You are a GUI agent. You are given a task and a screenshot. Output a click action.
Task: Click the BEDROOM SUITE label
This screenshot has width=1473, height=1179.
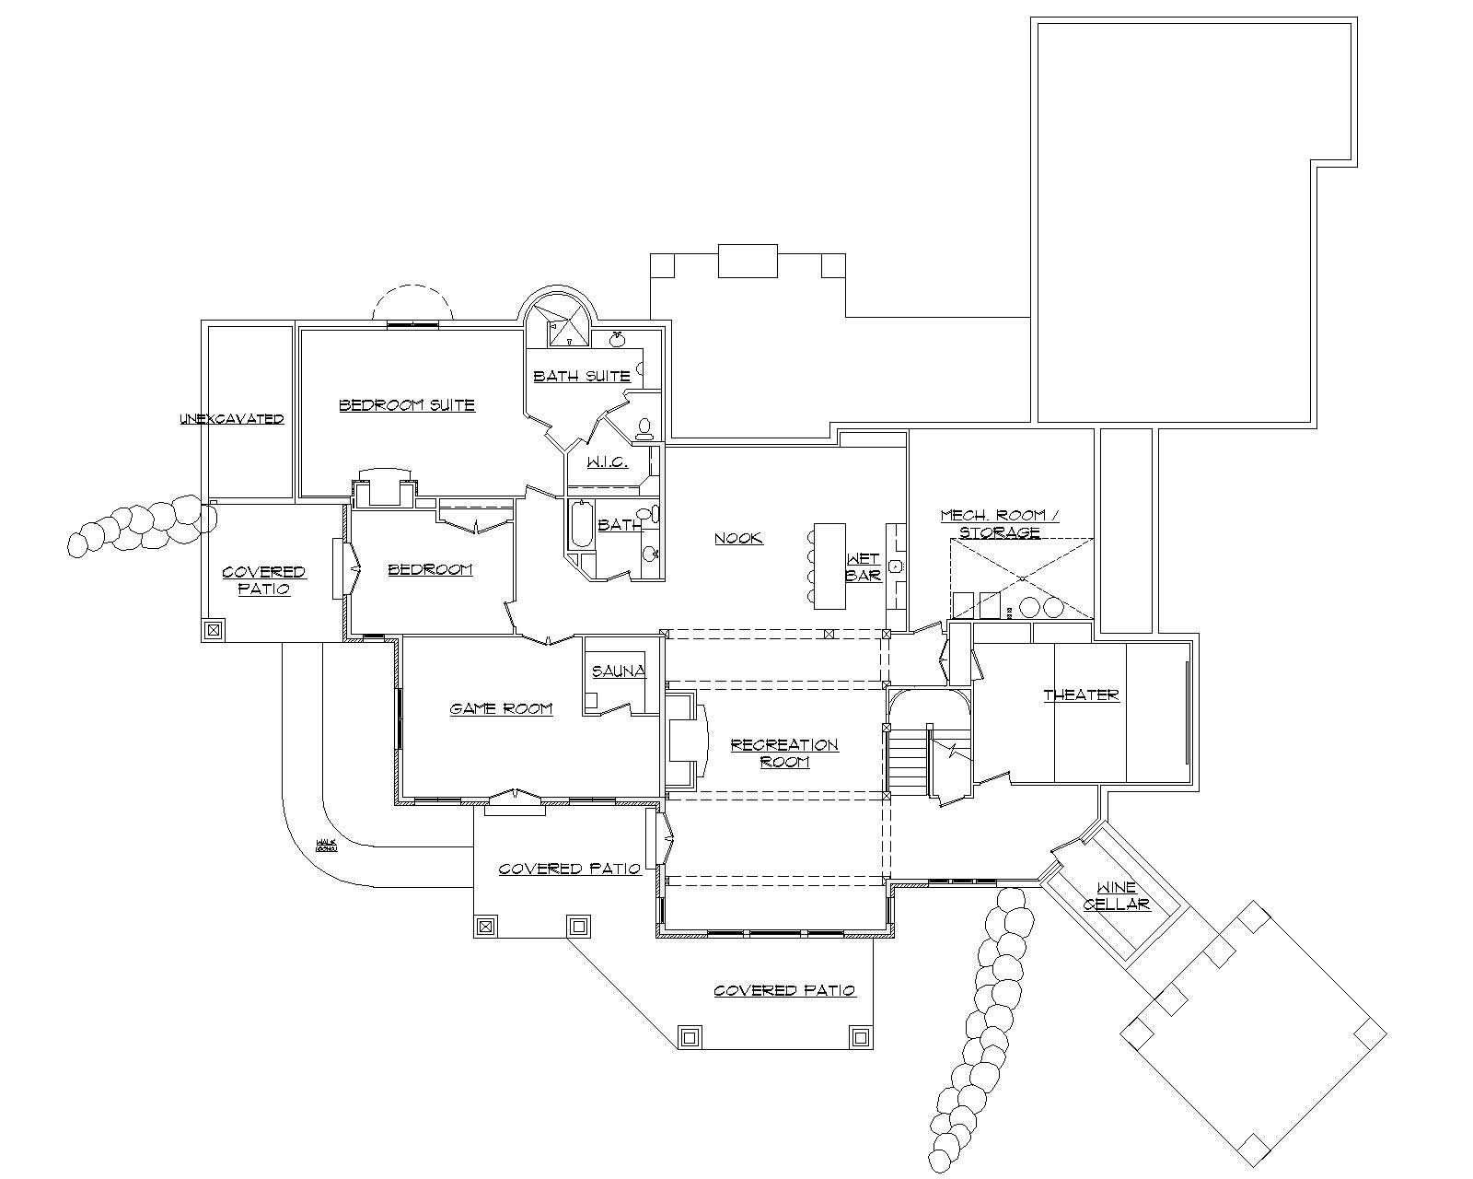[x=407, y=404]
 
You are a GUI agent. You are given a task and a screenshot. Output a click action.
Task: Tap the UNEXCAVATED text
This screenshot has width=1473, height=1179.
[x=232, y=419]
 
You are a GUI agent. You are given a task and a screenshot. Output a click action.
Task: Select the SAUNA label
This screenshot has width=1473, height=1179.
[x=619, y=671]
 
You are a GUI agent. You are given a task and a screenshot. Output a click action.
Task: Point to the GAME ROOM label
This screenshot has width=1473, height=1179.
[x=501, y=708]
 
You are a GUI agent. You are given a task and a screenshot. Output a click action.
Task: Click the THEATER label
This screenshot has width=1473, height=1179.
[x=1081, y=695]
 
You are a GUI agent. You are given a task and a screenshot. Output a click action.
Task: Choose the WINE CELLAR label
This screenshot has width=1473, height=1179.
[x=1116, y=896]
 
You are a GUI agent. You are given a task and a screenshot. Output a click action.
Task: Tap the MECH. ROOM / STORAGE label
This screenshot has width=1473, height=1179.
[x=999, y=524]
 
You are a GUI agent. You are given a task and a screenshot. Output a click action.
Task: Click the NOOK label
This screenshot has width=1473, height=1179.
[x=738, y=538]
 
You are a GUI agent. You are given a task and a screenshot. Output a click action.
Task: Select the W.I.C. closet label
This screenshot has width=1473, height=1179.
[x=607, y=461]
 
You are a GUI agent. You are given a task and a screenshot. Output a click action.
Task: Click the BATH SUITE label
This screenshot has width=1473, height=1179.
[x=582, y=376]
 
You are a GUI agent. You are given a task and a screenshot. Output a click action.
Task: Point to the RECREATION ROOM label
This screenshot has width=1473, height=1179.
[x=784, y=753]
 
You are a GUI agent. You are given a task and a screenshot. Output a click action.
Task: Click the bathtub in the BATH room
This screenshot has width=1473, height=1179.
[x=580, y=525]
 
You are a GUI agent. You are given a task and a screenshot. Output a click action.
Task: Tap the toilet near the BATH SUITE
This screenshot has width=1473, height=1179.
[x=644, y=426]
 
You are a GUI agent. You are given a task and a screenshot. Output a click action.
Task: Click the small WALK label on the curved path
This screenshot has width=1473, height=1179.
[x=327, y=844]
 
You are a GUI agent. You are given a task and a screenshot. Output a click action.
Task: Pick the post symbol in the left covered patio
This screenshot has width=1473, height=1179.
[x=213, y=630]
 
